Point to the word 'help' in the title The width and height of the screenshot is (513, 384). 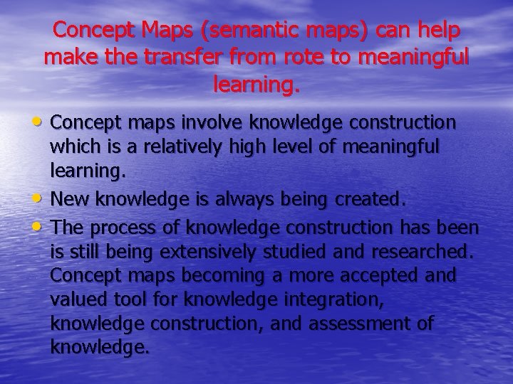[433, 31]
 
